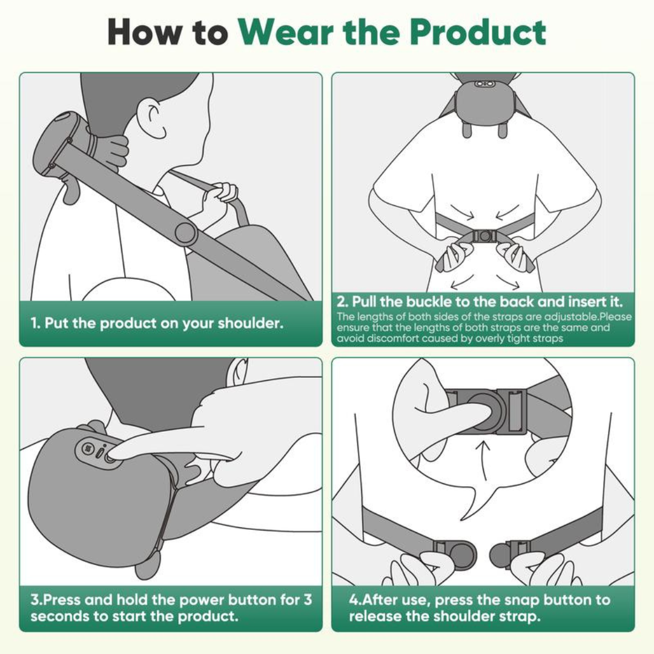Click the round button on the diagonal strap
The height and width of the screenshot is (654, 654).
point(184,232)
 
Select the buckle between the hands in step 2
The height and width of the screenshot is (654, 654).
point(484,236)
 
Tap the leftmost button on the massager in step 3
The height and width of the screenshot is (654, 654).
point(86,449)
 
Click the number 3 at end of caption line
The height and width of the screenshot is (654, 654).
point(308,600)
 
